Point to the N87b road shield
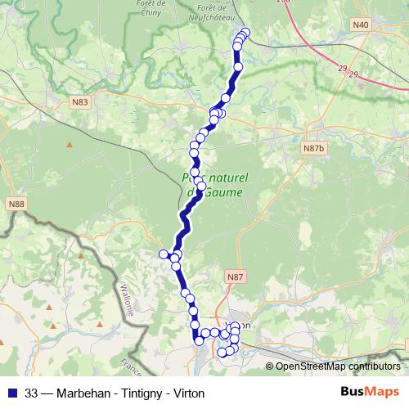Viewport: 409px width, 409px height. (313, 148)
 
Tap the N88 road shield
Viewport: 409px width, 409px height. (16, 203)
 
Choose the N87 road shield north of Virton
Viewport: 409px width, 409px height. (236, 278)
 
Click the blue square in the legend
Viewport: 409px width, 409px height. (11, 392)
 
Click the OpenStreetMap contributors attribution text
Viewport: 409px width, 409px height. (338, 367)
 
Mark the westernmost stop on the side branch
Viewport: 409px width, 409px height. (163, 254)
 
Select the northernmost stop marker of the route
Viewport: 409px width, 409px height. (245, 32)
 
